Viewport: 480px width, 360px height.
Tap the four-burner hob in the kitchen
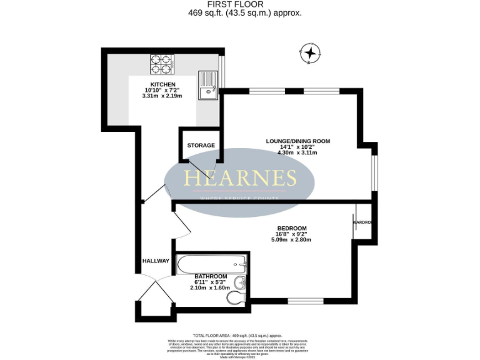pyautogui.click(x=161, y=64)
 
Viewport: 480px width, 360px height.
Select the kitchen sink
pyautogui.click(x=207, y=86)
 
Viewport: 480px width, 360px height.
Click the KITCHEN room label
pyautogui.click(x=162, y=84)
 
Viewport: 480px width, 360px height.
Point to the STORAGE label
pyautogui.click(x=201, y=146)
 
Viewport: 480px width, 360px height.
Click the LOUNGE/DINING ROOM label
pyautogui.click(x=298, y=141)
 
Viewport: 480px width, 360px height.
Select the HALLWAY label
pyautogui.click(x=156, y=261)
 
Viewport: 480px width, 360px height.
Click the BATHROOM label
pyautogui.click(x=210, y=276)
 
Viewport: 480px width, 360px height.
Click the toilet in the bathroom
pyautogui.click(x=236, y=299)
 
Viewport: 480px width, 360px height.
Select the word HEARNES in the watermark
pyautogui.click(x=240, y=179)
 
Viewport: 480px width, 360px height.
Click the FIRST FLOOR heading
pyautogui.click(x=239, y=4)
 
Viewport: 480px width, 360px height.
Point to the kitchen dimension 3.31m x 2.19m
pyautogui.click(x=162, y=96)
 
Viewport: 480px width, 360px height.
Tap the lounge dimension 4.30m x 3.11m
pyautogui.click(x=298, y=152)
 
